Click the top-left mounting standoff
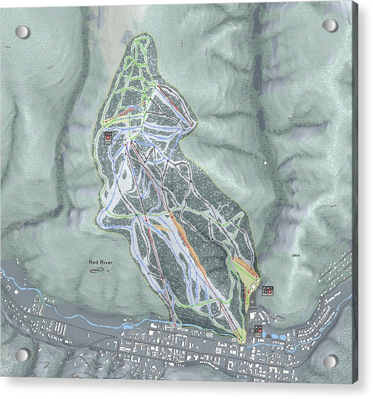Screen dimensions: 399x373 [x=22, y=32]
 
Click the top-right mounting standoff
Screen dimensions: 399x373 [x=330, y=25]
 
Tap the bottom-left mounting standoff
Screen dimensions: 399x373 [x=22, y=355]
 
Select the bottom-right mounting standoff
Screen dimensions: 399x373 [x=330, y=361]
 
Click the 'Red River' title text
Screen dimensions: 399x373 [x=99, y=262]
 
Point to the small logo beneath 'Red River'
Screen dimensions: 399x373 [x=98, y=270]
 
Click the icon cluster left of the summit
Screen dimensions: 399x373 [x=108, y=138]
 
